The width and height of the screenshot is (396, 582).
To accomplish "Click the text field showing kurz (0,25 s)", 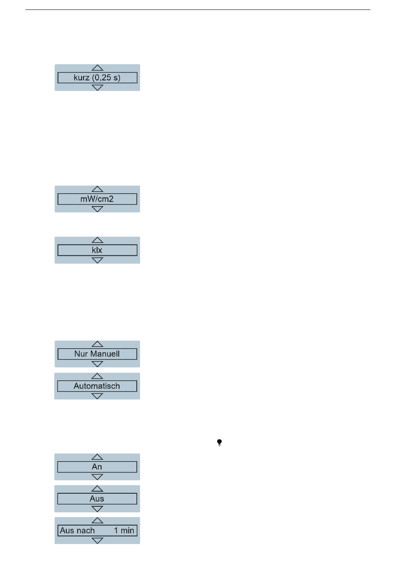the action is pyautogui.click(x=97, y=77).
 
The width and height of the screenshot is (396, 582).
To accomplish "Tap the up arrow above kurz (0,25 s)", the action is pyautogui.click(x=98, y=68).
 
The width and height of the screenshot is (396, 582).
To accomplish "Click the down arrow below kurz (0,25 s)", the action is pyautogui.click(x=98, y=87).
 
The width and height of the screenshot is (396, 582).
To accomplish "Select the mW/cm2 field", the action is pyautogui.click(x=97, y=199).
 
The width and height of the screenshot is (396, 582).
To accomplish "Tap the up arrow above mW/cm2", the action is pyautogui.click(x=98, y=189).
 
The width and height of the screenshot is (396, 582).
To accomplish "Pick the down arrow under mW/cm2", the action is pyautogui.click(x=98, y=209).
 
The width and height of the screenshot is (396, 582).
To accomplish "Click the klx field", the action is pyautogui.click(x=97, y=250).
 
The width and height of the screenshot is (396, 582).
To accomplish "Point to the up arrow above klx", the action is pyautogui.click(x=98, y=240).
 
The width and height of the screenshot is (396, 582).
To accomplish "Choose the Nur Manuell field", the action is pyautogui.click(x=97, y=354).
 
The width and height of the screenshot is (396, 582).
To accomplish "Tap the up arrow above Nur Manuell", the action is pyautogui.click(x=98, y=344).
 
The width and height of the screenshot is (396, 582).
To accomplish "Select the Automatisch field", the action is pyautogui.click(x=97, y=386).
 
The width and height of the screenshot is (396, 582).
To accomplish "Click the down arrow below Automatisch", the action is pyautogui.click(x=97, y=396).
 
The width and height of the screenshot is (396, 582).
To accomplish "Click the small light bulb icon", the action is pyautogui.click(x=219, y=442).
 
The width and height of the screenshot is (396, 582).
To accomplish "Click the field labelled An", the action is pyautogui.click(x=97, y=467).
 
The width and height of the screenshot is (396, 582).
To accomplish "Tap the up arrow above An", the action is pyautogui.click(x=97, y=457).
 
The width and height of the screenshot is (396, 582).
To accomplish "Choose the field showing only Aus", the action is pyautogui.click(x=97, y=499).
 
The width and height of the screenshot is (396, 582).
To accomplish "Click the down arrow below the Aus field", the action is pyautogui.click(x=97, y=509).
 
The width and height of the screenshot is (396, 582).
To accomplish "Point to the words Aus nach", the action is pyautogui.click(x=77, y=531).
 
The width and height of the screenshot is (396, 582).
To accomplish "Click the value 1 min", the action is pyautogui.click(x=124, y=531).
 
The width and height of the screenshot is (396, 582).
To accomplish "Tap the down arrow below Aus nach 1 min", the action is pyautogui.click(x=98, y=541).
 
